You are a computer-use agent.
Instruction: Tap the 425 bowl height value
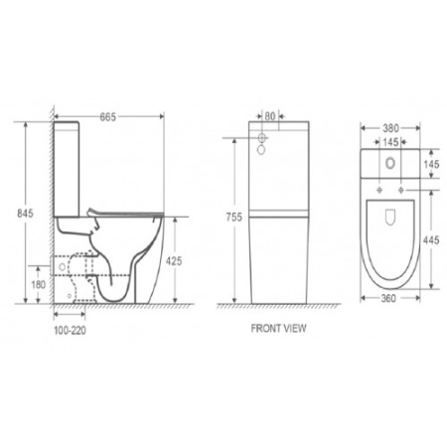click(x=173, y=261)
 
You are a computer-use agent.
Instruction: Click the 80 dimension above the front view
click(x=270, y=114)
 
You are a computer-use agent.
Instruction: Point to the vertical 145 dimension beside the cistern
click(x=431, y=163)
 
